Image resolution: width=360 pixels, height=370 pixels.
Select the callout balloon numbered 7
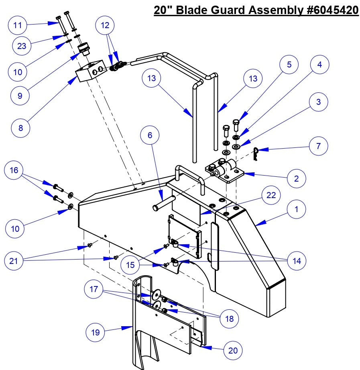(x=318, y=145)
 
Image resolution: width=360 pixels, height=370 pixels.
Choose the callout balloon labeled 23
(x=22, y=46)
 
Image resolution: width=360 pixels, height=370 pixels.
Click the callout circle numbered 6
(x=150, y=135)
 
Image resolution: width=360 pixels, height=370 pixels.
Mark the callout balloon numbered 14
(x=296, y=260)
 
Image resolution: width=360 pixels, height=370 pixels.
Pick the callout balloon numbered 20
(x=233, y=350)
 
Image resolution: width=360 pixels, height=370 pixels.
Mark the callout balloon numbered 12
(x=105, y=26)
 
